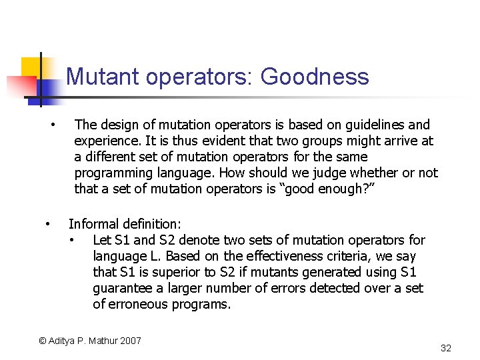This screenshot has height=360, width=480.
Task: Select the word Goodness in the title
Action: click(x=315, y=77)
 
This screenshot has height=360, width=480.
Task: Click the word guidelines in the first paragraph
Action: click(x=374, y=125)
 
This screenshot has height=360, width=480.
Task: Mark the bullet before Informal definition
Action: click(x=47, y=224)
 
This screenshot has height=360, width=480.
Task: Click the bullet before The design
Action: click(x=53, y=125)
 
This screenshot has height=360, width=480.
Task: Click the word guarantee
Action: click(x=122, y=288)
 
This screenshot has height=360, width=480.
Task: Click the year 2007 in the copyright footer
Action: click(x=130, y=341)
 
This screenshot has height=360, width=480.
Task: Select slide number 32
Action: click(x=446, y=348)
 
